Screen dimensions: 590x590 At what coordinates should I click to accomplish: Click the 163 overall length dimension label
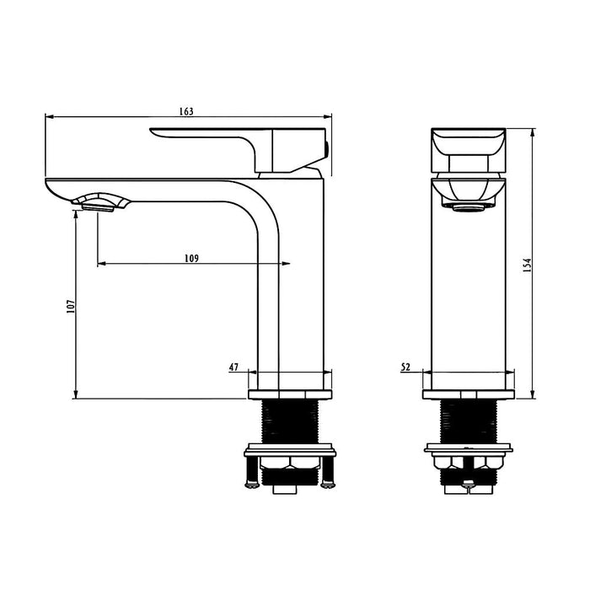[x=186, y=111]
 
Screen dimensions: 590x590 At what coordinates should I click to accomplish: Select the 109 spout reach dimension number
[x=192, y=259]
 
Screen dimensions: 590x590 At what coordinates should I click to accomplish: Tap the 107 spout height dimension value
[x=71, y=308]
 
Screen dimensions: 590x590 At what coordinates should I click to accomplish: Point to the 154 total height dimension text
[x=528, y=264]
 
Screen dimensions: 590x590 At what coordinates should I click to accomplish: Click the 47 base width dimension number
[x=233, y=367]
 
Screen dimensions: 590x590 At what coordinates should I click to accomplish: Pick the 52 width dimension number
[x=405, y=367]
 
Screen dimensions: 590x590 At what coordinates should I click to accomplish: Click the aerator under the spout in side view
[x=99, y=203]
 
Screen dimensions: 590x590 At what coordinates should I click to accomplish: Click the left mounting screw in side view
[x=248, y=469]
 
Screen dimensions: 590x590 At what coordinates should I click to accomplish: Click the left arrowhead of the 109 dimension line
[x=101, y=265]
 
